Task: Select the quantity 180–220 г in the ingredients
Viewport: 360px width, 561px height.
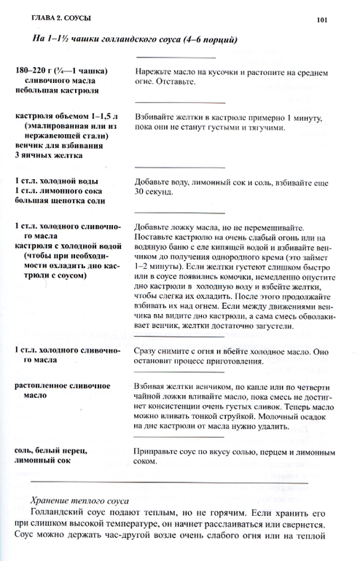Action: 34,71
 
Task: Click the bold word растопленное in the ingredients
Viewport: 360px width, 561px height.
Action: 46,381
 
